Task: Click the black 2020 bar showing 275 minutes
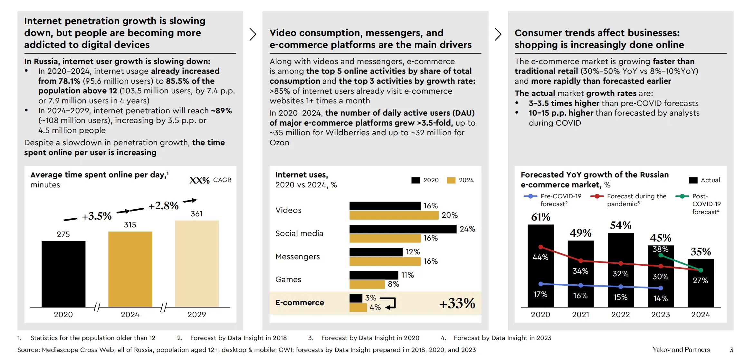[63, 274]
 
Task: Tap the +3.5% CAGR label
[97, 216]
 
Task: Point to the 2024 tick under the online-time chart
[130, 315]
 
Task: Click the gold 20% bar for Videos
[394, 215]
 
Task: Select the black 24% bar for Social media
[403, 229]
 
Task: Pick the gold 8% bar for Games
[367, 284]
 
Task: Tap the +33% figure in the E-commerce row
[457, 303]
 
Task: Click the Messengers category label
[298, 257]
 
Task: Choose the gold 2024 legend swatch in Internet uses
[451, 180]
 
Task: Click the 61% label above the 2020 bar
[540, 217]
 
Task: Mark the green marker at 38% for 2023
[661, 255]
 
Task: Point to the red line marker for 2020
[541, 247]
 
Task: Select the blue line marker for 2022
[621, 287]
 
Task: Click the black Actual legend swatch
[693, 180]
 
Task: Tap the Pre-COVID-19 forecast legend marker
[530, 196]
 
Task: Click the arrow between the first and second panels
[253, 34]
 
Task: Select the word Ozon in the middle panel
[279, 143]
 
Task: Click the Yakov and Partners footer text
[681, 350]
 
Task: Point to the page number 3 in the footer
[731, 350]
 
